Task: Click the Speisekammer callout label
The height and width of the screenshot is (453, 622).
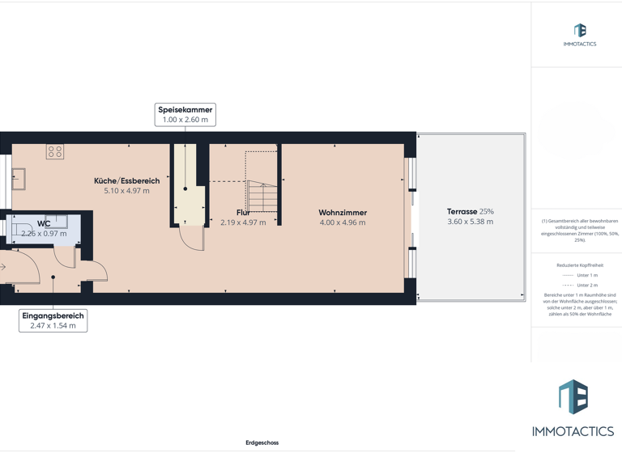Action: pos(185,110)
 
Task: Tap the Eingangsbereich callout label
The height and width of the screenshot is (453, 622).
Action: pos(53,316)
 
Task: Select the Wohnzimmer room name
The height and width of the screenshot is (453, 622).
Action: pos(343,213)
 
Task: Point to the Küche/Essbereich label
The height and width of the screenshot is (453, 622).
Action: pos(126,181)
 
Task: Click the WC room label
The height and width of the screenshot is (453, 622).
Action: pos(44,224)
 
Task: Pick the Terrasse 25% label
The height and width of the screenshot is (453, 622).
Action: pos(470,212)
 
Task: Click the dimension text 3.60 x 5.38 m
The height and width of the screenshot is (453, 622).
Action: pos(470,222)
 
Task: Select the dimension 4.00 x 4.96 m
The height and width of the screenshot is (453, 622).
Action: pos(343,222)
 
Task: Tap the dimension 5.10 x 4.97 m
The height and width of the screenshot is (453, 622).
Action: pos(126,191)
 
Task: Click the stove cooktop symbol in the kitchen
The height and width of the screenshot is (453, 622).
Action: pos(55,151)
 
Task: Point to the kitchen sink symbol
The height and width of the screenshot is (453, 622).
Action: pos(18,179)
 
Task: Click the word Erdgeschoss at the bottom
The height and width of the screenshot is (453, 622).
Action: pos(262,442)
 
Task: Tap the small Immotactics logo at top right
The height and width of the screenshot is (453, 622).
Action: pos(580,35)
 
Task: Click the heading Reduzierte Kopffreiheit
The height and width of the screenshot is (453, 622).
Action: pos(579,265)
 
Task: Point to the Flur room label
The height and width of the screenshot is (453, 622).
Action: pos(243,213)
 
